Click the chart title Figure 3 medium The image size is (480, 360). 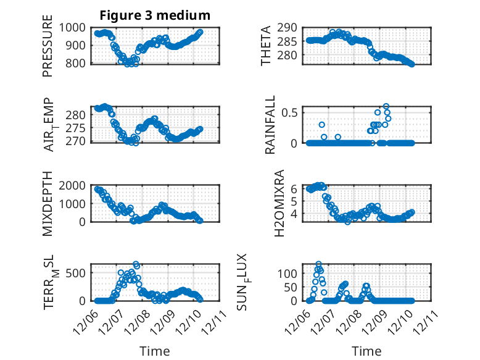(x=155, y=15)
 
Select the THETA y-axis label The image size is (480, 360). (x=266, y=45)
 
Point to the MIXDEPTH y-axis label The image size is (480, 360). (x=48, y=203)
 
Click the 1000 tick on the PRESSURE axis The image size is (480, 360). (x=77, y=27)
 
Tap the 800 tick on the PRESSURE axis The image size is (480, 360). (x=80, y=63)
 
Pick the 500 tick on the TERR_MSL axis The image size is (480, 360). (x=80, y=273)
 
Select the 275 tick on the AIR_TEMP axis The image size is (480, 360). (x=80, y=128)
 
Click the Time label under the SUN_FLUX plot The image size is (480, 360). (x=366, y=351)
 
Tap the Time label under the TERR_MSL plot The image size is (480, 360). (x=154, y=351)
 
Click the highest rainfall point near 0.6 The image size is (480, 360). (x=386, y=106)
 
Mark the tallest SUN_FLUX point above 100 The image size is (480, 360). (x=318, y=264)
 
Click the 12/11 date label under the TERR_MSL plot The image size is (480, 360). (x=213, y=321)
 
